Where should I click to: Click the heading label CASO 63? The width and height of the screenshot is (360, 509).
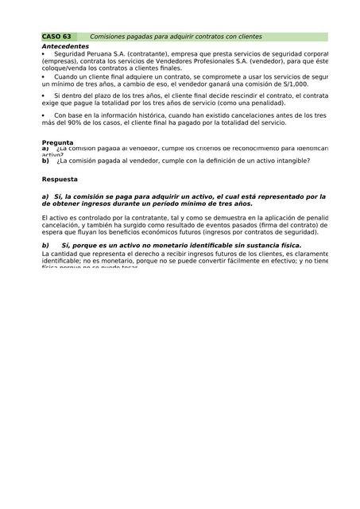[x=56, y=37]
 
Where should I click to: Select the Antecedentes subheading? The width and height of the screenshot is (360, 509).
[x=65, y=47]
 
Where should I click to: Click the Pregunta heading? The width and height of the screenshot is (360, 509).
[x=57, y=142]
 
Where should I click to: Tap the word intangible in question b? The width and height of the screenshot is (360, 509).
[x=290, y=161]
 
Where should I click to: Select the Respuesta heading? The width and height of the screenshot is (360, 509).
[x=60, y=180]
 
